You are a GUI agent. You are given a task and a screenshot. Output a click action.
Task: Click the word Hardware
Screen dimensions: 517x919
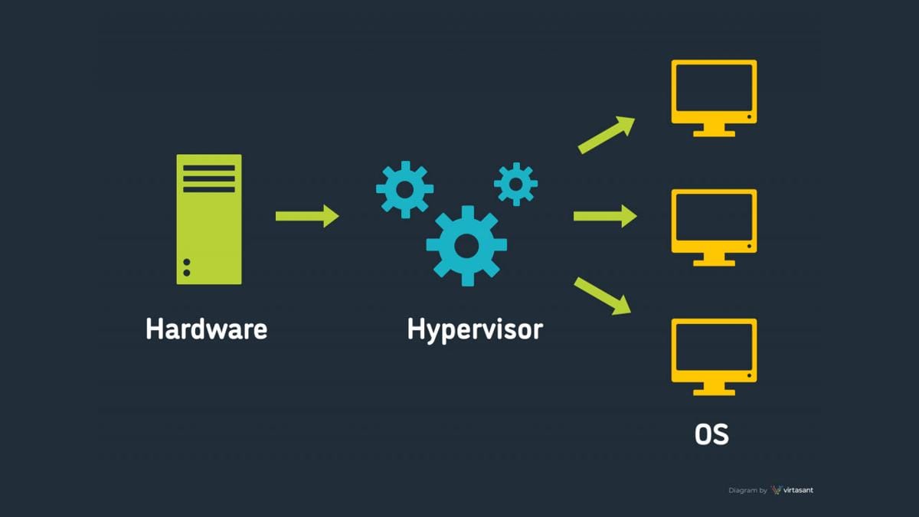click(x=207, y=329)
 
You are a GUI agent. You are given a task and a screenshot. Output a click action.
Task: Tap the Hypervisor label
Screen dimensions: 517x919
click(x=475, y=329)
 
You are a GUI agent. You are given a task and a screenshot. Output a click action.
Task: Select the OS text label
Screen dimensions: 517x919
click(x=711, y=434)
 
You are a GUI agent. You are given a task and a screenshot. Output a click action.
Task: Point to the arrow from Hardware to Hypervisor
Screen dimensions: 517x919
click(x=306, y=216)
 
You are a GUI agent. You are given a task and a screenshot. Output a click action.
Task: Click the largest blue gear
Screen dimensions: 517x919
click(x=466, y=245)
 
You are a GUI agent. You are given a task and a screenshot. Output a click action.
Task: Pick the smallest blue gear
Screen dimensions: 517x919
click(x=515, y=184)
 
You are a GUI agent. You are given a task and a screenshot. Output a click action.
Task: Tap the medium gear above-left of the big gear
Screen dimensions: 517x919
click(x=404, y=188)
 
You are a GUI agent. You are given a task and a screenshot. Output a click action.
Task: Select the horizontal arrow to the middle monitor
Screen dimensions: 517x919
click(x=605, y=216)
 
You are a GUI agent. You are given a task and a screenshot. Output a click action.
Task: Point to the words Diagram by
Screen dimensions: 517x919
click(x=747, y=490)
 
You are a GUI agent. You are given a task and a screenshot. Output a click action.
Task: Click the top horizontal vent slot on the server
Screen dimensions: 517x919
click(x=209, y=168)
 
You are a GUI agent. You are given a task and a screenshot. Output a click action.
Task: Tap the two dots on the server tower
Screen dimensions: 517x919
click(x=187, y=267)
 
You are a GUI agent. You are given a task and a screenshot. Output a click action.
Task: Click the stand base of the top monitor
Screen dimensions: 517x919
click(x=714, y=133)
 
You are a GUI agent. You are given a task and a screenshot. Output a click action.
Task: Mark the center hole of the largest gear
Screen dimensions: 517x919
click(x=466, y=245)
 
